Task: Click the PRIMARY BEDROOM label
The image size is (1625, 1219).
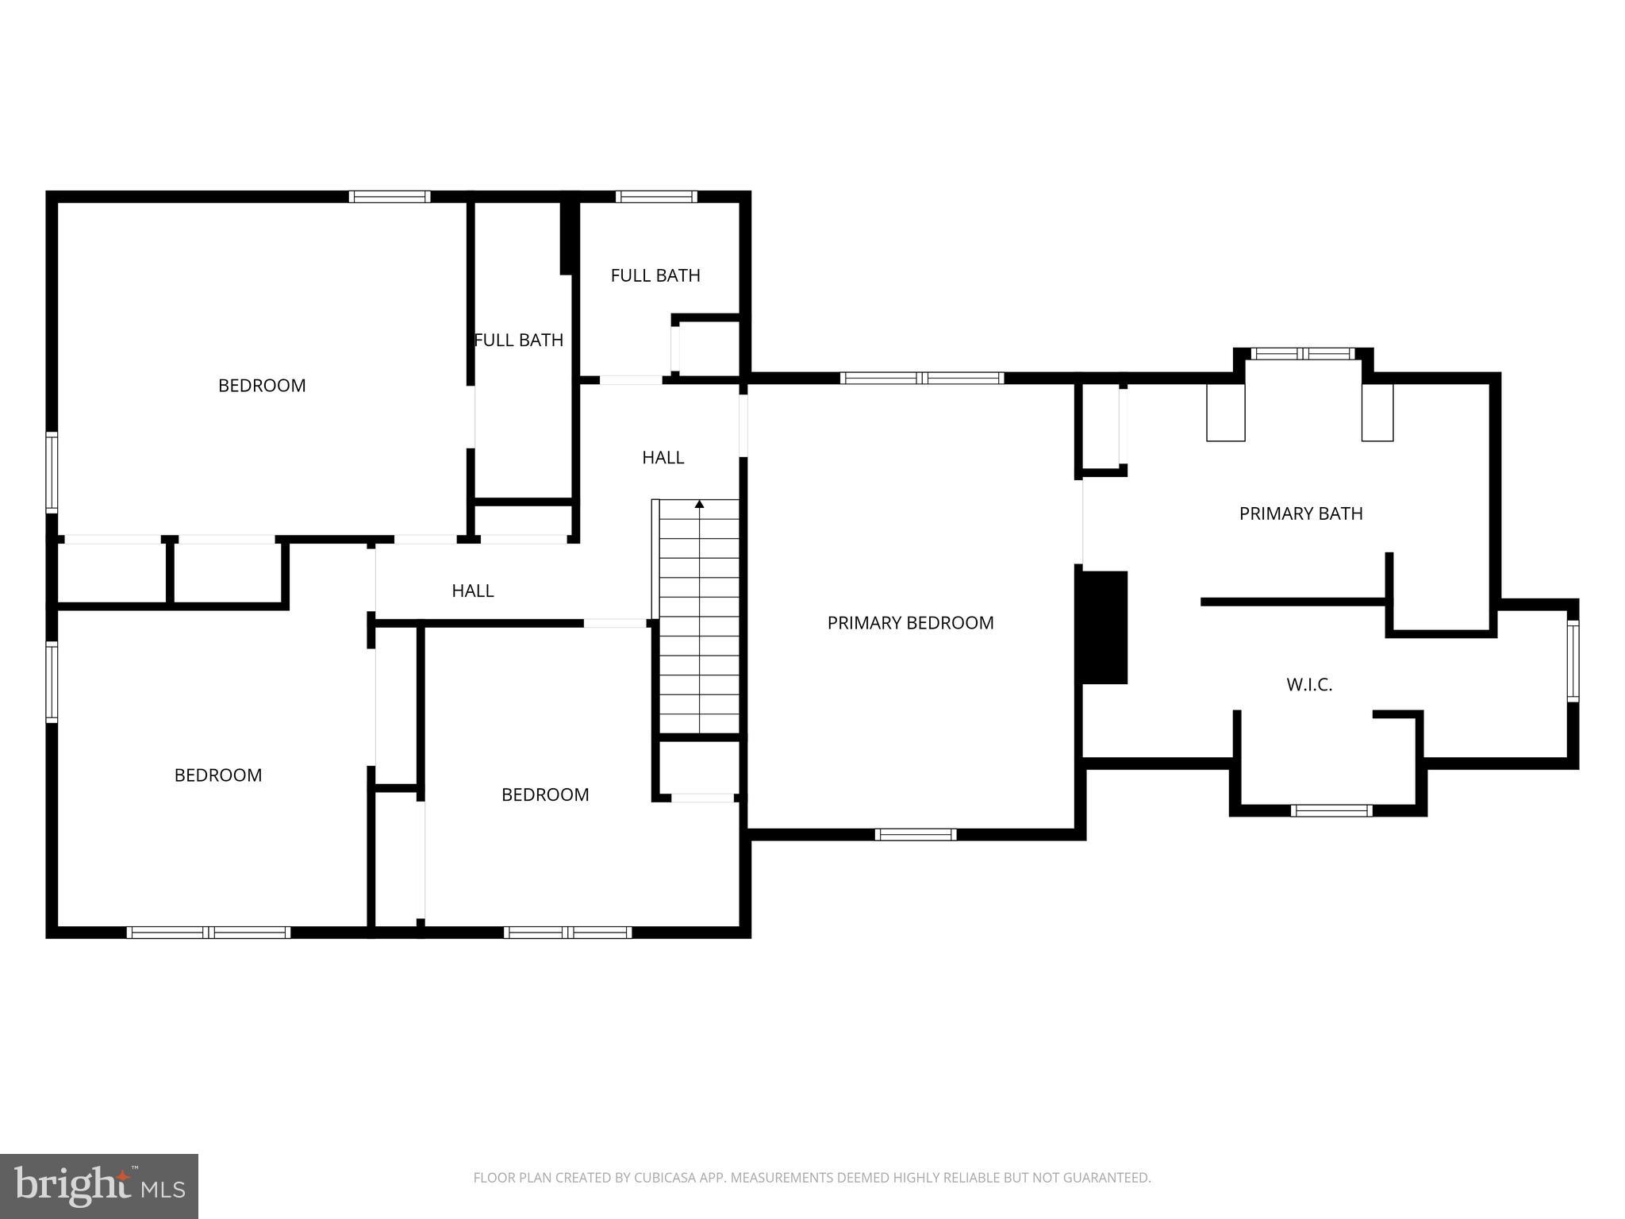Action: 910,623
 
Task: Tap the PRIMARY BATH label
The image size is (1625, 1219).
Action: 1300,513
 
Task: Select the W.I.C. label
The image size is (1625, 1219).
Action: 1309,684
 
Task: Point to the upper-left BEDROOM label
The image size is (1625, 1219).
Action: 262,386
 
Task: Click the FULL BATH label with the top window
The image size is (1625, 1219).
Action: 655,275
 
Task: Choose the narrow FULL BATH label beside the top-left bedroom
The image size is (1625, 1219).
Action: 519,340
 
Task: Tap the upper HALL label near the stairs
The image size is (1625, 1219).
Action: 663,457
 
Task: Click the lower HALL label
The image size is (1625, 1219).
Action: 473,590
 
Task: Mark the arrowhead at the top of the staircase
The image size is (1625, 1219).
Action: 699,504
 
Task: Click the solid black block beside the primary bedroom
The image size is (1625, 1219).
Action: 1102,627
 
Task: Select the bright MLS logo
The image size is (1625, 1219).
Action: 99,1186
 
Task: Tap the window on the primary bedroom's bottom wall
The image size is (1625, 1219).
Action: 916,834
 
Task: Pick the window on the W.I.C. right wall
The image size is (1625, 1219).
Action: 1572,661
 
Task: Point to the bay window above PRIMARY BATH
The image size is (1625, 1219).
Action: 1303,354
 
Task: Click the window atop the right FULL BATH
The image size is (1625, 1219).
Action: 656,197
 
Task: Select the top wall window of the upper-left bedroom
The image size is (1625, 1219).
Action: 390,197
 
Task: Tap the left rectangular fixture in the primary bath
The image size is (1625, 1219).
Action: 1225,412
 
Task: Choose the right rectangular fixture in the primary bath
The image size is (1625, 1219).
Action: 1377,412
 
